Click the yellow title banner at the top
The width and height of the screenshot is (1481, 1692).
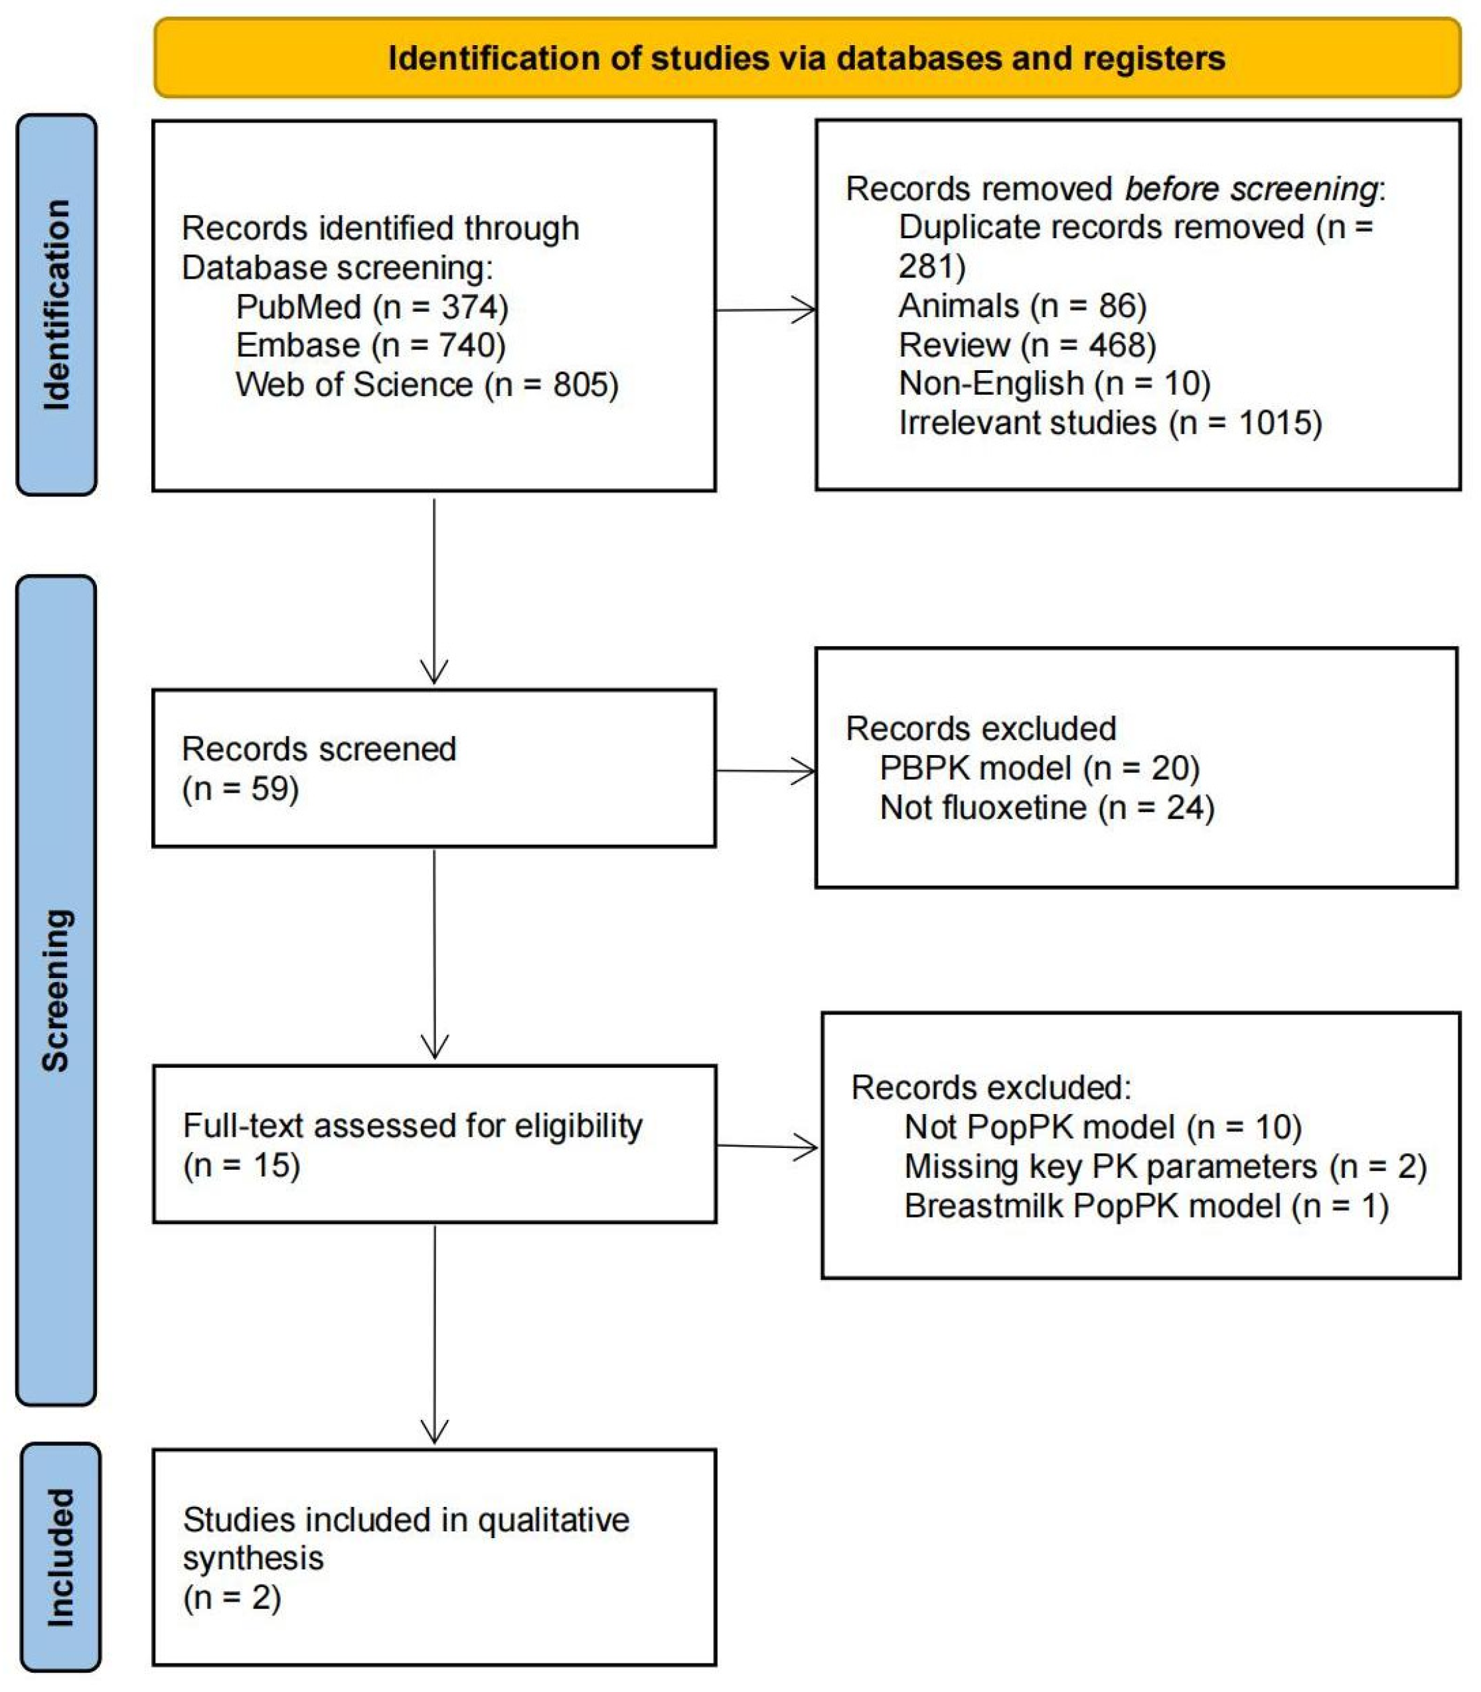tap(807, 58)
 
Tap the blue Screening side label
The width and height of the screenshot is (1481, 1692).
tap(56, 991)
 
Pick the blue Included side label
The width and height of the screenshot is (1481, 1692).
tap(60, 1557)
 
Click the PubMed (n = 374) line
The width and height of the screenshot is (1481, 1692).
tap(372, 307)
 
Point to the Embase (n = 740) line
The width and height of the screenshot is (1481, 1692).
tap(370, 345)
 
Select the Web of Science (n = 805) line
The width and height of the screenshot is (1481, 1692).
tap(426, 385)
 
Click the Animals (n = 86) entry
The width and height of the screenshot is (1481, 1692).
tap(1022, 307)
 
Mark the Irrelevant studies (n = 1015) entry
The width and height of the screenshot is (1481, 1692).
tap(1110, 423)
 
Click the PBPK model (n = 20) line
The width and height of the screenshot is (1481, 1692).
tap(1039, 768)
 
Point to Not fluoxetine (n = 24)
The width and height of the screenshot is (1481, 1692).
tap(1046, 808)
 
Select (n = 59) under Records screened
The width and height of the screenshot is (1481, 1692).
tap(240, 789)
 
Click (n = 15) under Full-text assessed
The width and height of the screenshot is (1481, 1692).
tap(242, 1166)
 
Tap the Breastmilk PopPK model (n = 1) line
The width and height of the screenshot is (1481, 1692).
tap(1146, 1206)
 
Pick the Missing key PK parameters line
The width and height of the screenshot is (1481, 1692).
tap(1165, 1166)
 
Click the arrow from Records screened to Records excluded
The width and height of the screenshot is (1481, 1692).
tap(765, 771)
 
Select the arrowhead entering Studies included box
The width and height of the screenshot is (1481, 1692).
tap(435, 1430)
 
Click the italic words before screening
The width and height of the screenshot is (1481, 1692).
tap(1251, 189)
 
